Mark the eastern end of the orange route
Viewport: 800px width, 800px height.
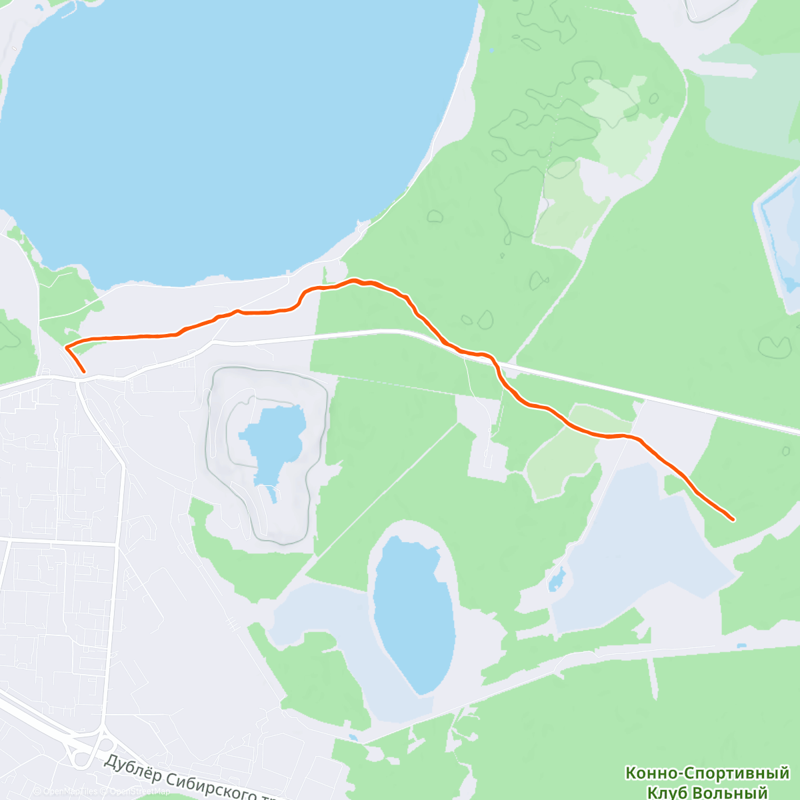tap(733, 519)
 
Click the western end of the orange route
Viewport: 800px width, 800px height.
tap(85, 371)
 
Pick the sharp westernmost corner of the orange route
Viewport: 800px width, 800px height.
tap(65, 347)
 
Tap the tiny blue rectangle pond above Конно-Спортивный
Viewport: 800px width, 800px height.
tap(742, 646)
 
